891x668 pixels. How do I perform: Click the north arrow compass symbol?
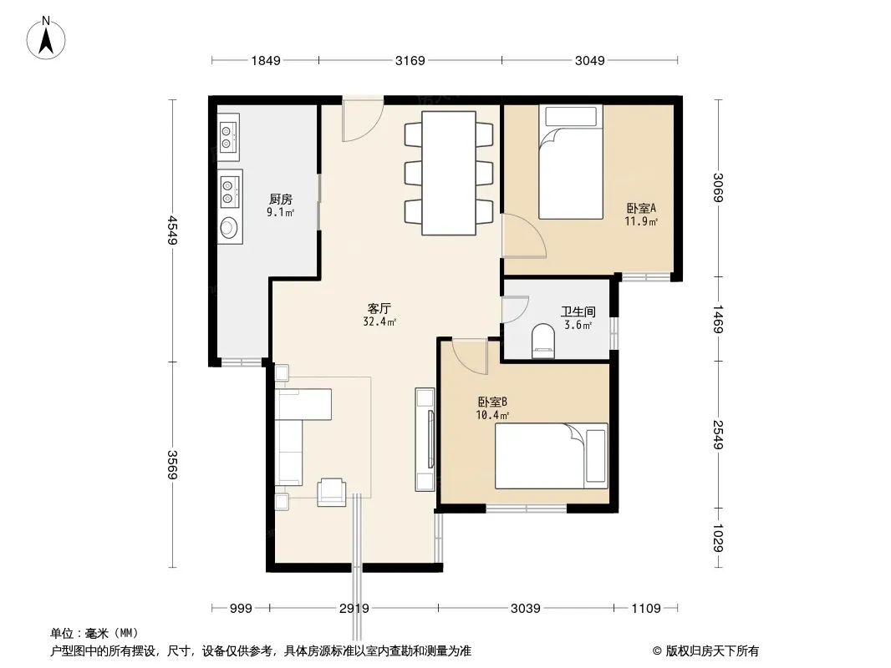[x=46, y=38]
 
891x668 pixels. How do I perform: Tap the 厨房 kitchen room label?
[x=281, y=200]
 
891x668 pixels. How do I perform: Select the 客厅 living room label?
[x=379, y=308]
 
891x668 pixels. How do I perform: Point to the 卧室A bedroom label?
[x=642, y=208]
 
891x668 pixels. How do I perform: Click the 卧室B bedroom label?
[x=492, y=402]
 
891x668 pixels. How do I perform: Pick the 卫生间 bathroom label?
[x=578, y=311]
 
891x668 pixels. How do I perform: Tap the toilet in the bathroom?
[x=543, y=341]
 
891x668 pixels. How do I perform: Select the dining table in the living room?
[x=449, y=173]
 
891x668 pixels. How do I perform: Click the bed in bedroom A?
[x=571, y=162]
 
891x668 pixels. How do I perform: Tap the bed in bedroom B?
[x=551, y=456]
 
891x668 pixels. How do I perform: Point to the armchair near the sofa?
[x=331, y=492]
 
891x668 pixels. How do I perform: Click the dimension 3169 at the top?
[x=410, y=60]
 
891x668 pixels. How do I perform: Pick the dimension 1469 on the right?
[x=718, y=319]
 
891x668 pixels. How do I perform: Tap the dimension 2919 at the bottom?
[x=354, y=609]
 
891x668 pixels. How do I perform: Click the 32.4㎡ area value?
[x=379, y=321]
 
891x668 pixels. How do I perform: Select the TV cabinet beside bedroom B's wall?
[x=425, y=439]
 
